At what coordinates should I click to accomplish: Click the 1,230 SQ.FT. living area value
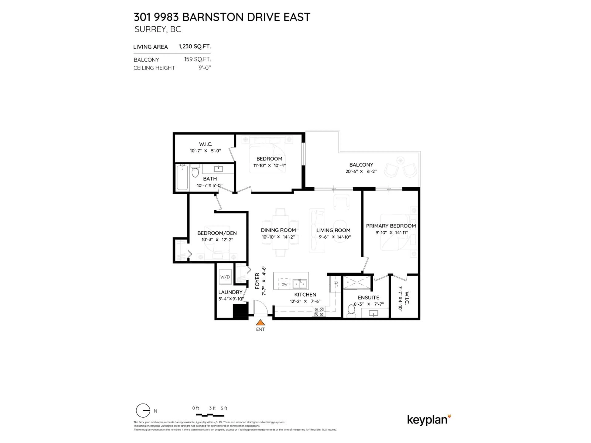(195, 46)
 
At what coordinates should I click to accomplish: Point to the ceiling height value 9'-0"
(204, 68)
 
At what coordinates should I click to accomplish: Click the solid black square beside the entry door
(240, 311)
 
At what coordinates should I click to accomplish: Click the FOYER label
(257, 281)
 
